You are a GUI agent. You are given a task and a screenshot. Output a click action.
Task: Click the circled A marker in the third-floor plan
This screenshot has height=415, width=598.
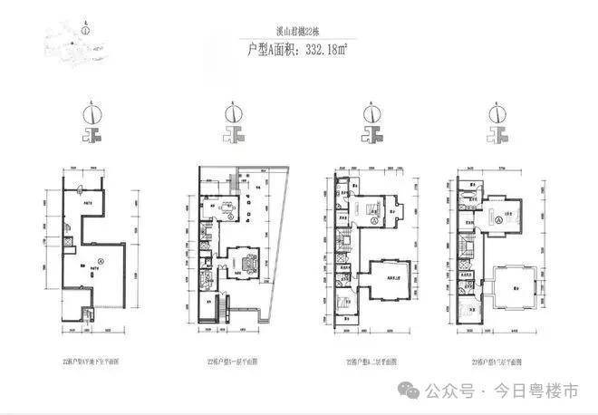pyautogui.click(x=499, y=219)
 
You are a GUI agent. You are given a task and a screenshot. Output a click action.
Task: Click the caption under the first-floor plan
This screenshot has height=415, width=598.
pyautogui.click(x=237, y=361)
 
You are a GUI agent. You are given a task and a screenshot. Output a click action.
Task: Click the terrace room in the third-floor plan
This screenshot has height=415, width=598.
pyautogui.click(x=508, y=290)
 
